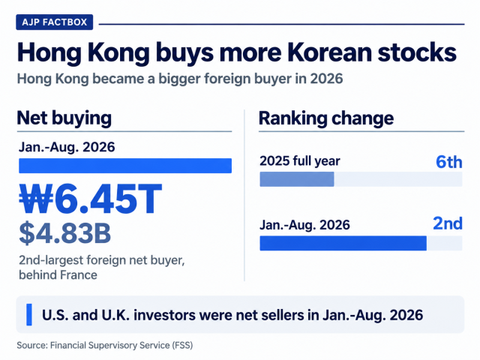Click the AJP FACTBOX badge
[55, 22]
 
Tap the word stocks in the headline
[417, 52]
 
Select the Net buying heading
[64, 118]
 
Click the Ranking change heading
[326, 118]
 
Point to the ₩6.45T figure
[90, 199]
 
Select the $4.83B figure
[65, 233]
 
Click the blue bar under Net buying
[125, 166]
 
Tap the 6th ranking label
[449, 162]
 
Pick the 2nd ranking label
[448, 223]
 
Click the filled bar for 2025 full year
[297, 179]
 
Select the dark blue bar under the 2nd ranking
[343, 243]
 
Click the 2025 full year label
[300, 161]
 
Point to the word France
[78, 275]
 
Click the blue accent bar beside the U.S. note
[29, 314]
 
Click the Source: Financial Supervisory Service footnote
[105, 345]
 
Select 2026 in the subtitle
[326, 79]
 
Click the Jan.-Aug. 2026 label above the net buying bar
[67, 147]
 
